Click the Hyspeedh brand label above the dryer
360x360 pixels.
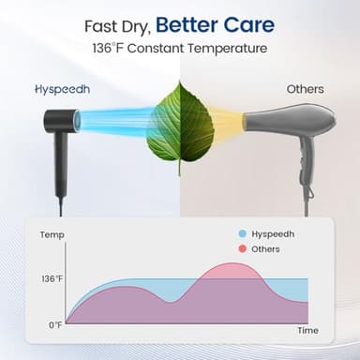click(60, 90)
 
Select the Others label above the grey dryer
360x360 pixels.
click(305, 90)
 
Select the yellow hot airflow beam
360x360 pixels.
click(227, 121)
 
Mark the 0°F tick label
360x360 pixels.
click(54, 324)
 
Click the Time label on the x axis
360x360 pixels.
click(307, 331)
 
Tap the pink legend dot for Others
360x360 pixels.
click(242, 249)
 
